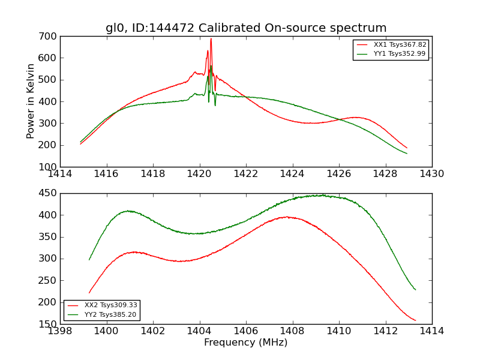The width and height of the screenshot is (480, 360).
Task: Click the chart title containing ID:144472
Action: (x=246, y=28)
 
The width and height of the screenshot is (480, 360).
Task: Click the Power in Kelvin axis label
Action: (x=31, y=101)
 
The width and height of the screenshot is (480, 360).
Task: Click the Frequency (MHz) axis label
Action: (x=245, y=343)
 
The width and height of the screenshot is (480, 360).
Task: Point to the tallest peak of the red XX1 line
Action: (x=211, y=39)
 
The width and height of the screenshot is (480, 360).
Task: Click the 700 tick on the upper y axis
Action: (x=49, y=37)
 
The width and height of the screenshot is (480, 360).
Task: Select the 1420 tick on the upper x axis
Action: (x=199, y=174)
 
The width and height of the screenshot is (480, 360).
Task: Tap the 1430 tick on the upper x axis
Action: (x=431, y=174)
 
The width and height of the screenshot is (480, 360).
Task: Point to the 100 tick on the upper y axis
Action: (x=49, y=167)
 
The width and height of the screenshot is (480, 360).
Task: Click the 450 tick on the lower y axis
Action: (x=49, y=193)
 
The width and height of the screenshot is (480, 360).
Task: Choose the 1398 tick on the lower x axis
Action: (x=60, y=331)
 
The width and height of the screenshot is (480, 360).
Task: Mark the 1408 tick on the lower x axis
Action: (x=292, y=331)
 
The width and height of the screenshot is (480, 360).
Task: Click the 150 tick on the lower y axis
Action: (x=49, y=324)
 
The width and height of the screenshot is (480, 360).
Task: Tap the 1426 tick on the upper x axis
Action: (x=338, y=174)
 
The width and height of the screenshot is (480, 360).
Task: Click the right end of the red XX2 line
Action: (x=415, y=320)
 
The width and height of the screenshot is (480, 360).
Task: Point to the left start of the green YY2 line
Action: (x=89, y=260)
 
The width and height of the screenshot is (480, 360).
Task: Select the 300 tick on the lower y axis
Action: (x=49, y=259)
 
